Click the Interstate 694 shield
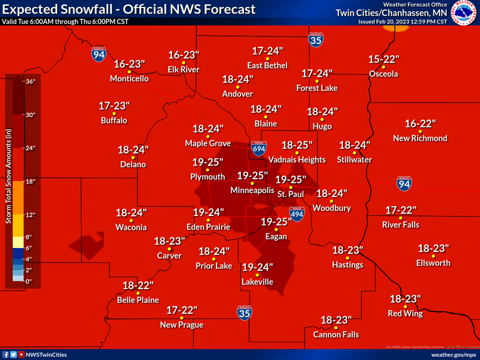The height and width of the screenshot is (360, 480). [258, 148]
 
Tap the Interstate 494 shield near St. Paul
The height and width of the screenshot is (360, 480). [297, 214]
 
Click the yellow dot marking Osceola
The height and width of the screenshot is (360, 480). [383, 67]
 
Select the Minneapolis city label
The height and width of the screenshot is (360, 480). [252, 191]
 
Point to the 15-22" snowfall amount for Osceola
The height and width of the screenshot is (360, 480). [384, 60]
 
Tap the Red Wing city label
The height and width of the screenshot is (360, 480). [405, 314]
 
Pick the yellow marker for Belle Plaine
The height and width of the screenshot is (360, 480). [138, 293]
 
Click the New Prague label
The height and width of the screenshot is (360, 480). [182, 325]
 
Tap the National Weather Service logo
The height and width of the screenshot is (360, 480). [464, 13]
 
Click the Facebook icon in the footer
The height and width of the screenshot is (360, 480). [6, 354]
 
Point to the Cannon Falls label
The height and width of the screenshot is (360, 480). [336, 335]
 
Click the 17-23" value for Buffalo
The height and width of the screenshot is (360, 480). [114, 106]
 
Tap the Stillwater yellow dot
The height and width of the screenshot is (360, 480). [354, 152]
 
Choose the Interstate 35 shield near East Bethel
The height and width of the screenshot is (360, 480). [316, 40]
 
